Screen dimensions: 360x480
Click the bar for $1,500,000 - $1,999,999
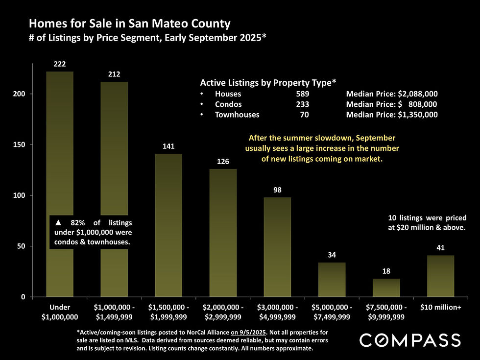[x=168, y=225]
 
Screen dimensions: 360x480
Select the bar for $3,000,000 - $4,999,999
[x=277, y=247]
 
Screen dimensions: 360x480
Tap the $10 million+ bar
[x=440, y=276]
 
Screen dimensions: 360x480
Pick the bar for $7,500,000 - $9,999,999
[x=386, y=288]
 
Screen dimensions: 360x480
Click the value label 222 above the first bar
[x=60, y=64]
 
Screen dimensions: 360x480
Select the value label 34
[x=332, y=255]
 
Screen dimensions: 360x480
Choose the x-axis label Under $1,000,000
[x=60, y=312]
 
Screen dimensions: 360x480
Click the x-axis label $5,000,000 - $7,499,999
[x=332, y=312]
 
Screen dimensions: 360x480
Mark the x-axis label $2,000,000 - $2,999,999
[x=223, y=312]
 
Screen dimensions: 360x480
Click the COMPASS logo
[x=410, y=340]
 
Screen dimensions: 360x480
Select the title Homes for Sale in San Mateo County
[x=129, y=23]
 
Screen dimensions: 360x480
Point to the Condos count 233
[x=302, y=104]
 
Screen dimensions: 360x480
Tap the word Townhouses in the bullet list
[x=237, y=115]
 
